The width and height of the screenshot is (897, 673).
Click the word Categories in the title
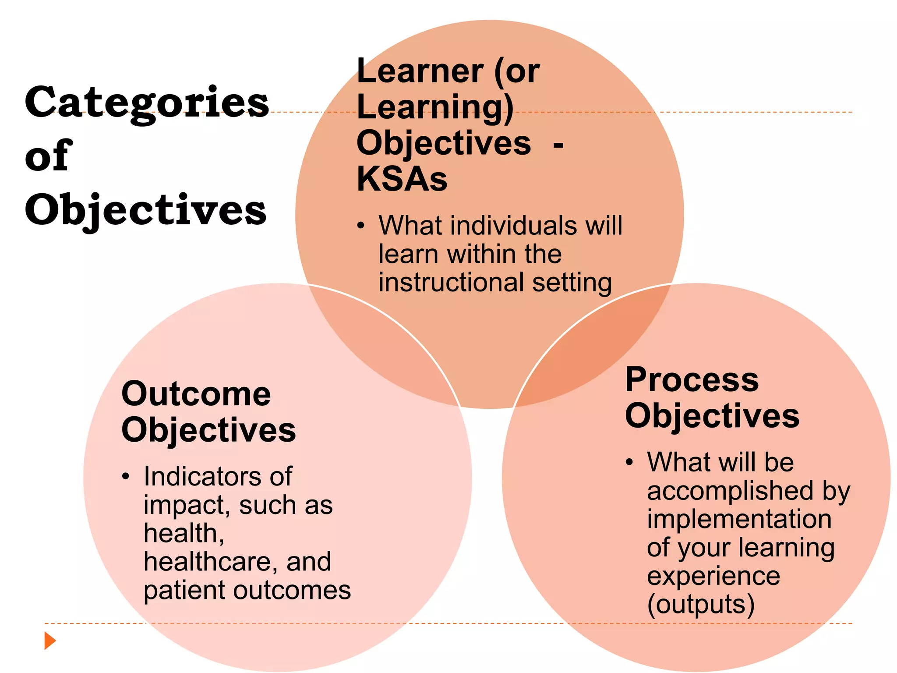pos(147,103)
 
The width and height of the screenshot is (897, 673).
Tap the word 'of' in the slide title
pos(48,156)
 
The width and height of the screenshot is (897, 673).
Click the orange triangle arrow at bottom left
pos(50,641)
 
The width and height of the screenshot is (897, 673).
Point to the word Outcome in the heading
pos(196,394)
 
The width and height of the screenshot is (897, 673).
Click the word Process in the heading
pos(692,379)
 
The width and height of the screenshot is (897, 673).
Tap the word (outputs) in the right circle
pos(701,605)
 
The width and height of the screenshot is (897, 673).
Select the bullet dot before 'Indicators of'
pos(126,476)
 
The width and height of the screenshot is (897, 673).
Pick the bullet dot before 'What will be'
pos(629,462)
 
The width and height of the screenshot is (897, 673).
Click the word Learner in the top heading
pos(420,71)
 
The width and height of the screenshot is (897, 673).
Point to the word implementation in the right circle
pos(739,519)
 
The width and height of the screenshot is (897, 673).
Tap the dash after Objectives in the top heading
pos(558,145)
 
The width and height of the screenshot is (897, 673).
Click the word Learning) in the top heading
pos(435,107)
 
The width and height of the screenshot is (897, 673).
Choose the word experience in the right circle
pos(713,576)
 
